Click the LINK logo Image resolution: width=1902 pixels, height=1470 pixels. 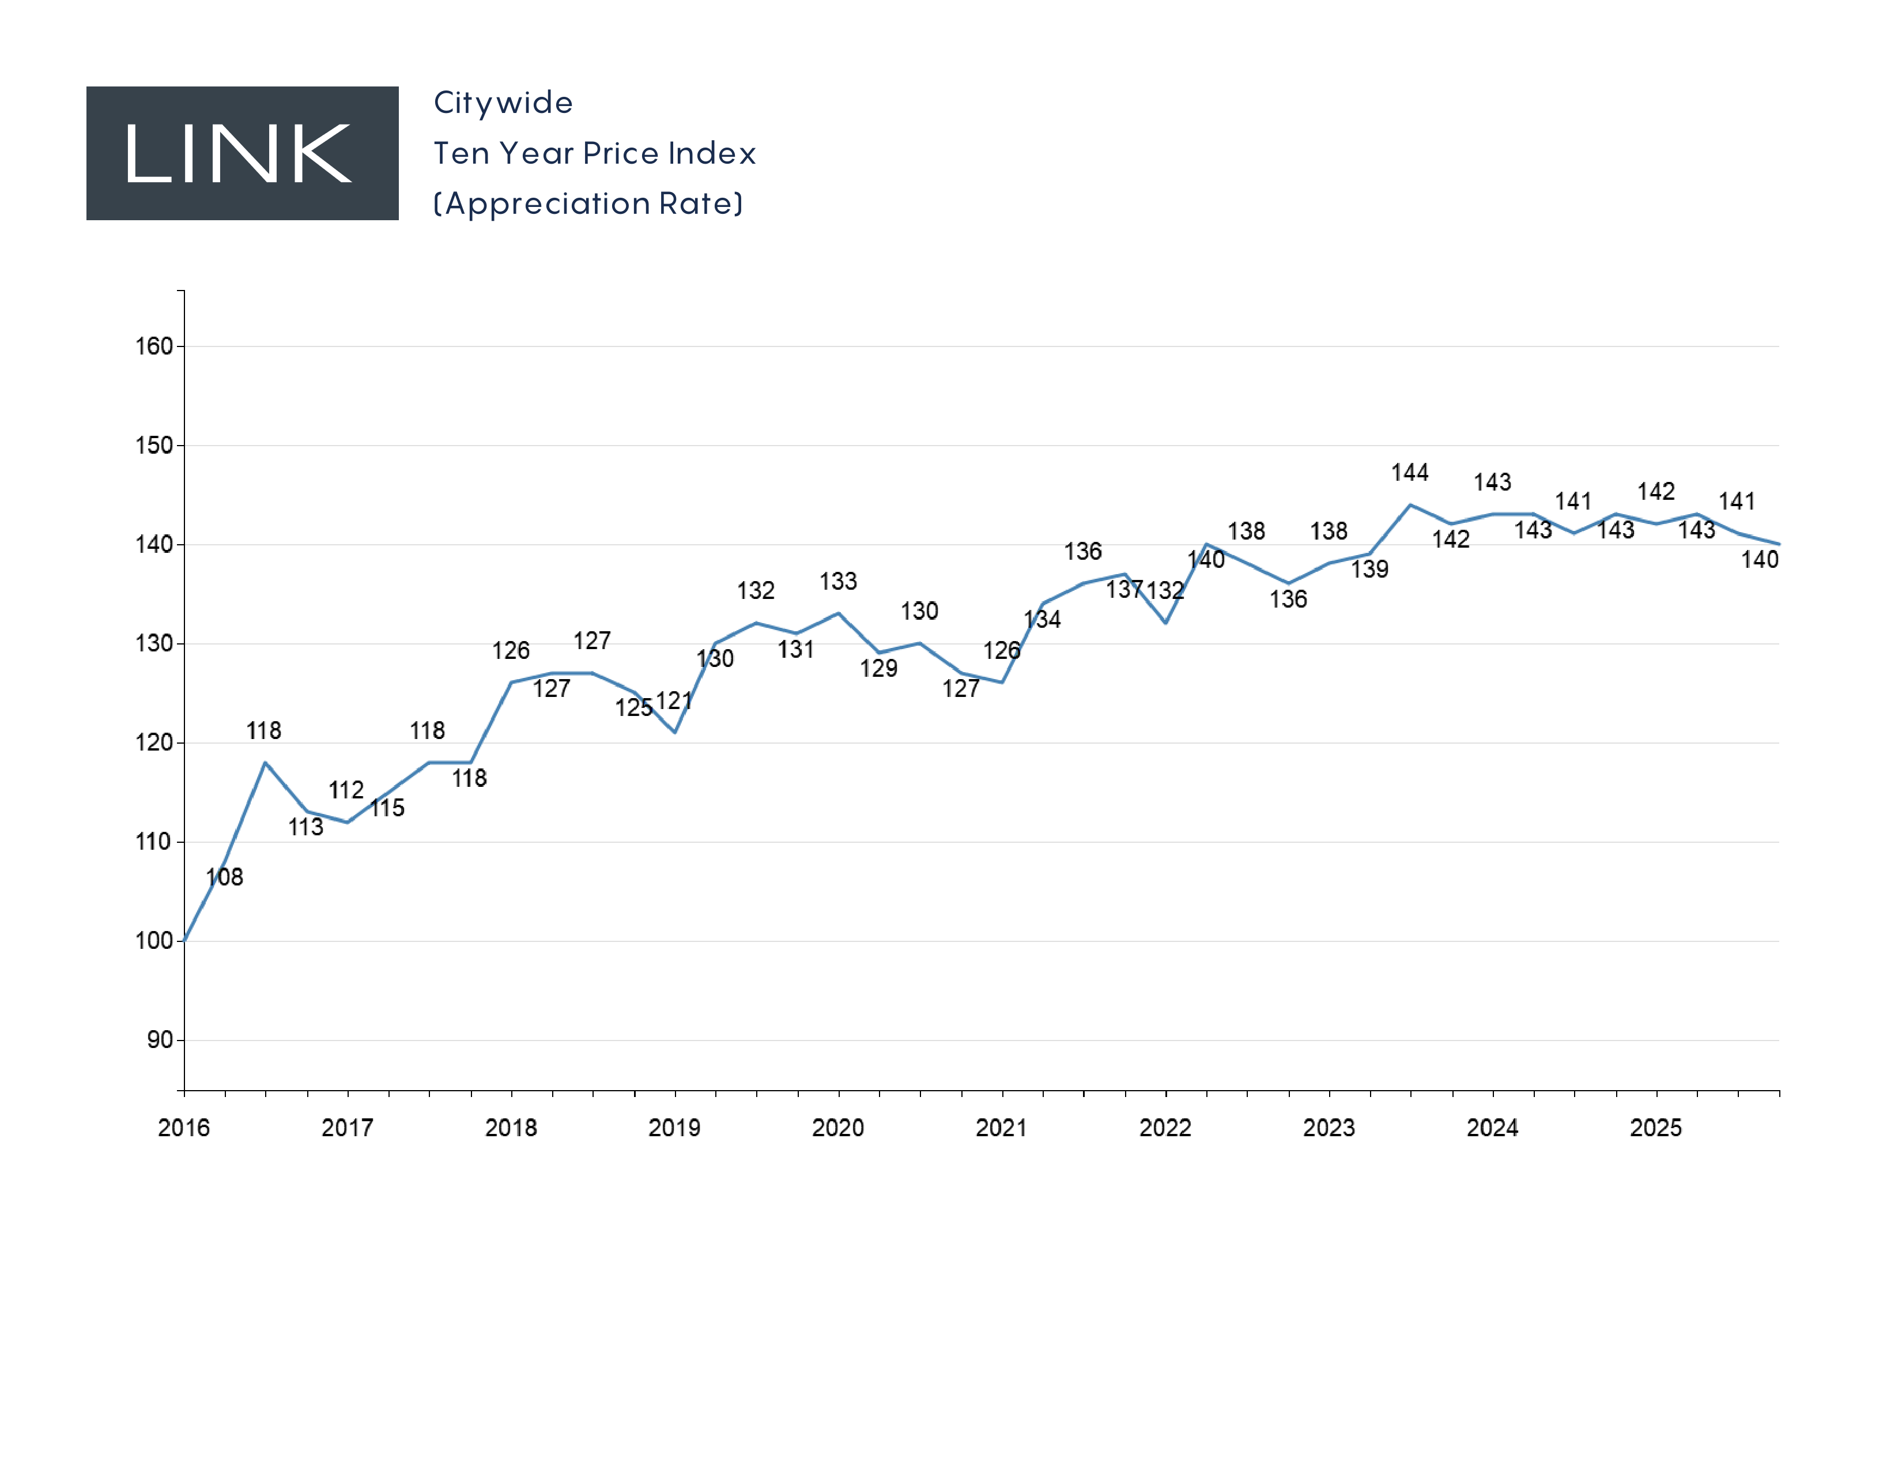point(242,153)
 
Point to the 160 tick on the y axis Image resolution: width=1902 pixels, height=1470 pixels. point(153,346)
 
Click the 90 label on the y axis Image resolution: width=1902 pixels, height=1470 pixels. point(160,1040)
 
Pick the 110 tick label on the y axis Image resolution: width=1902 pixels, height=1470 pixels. point(153,842)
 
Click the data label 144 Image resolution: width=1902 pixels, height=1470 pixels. point(1410,473)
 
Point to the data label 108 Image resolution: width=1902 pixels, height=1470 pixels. point(225,877)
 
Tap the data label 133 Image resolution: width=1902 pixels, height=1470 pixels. point(838,581)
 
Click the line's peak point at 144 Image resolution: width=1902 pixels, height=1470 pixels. point(1410,504)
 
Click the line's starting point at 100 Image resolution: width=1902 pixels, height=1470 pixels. point(184,941)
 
